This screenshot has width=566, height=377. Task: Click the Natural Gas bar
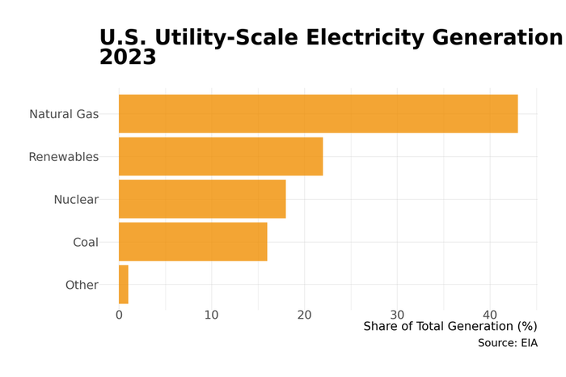[318, 114]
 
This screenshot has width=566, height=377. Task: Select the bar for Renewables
[221, 156]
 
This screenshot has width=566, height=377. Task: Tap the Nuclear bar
[202, 199]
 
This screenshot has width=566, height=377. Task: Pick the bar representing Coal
[192, 242]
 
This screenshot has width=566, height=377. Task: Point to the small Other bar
[124, 285]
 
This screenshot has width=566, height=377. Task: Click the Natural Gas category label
[64, 114]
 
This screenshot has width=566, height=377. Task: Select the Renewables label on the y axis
[63, 157]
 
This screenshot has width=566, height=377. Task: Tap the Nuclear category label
[76, 200]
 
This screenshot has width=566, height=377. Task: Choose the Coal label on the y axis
[86, 243]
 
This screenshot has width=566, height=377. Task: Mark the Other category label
[82, 285]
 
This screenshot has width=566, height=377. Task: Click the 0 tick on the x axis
[119, 315]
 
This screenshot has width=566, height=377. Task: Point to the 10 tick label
[212, 315]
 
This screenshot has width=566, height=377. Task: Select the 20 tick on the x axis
[304, 315]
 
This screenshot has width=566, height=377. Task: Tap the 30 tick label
[397, 315]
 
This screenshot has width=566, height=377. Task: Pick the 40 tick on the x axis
[490, 315]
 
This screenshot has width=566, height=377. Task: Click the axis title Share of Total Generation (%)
[450, 327]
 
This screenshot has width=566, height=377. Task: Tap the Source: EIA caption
[507, 343]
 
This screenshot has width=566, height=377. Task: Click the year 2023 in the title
[128, 57]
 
